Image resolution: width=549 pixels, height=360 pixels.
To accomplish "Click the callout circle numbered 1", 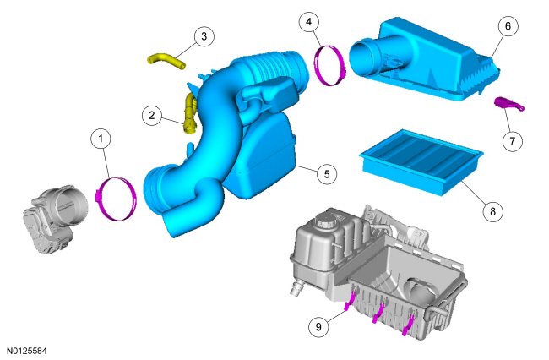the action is (x=101, y=139).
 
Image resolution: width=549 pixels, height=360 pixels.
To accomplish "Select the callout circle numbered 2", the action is (x=151, y=115).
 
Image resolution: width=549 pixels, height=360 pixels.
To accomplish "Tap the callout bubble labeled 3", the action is (x=204, y=36).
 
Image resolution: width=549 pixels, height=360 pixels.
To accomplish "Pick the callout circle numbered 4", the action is (x=308, y=22).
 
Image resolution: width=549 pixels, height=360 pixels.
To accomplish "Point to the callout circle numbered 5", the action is (x=327, y=174).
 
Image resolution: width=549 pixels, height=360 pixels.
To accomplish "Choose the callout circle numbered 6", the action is (x=508, y=26).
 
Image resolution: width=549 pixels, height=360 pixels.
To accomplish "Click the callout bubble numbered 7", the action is (x=512, y=141).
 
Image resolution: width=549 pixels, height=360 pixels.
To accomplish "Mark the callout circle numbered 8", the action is (x=492, y=211).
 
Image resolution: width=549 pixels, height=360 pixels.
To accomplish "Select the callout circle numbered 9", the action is (x=318, y=327).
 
